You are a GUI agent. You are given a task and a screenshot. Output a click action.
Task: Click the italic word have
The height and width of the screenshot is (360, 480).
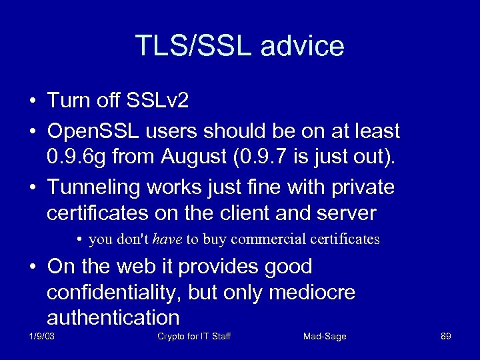coord(167,239)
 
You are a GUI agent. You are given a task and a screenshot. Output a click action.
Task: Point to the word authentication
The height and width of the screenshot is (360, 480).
coord(113,317)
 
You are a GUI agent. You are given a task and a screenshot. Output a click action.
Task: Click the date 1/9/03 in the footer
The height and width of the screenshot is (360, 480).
coord(41,336)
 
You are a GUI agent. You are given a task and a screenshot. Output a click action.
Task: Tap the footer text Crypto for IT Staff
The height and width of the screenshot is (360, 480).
coord(194,336)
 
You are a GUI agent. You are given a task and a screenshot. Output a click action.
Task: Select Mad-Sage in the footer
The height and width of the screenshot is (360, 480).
coord(325,336)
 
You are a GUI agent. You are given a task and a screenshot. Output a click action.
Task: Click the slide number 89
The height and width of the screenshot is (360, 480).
coord(446,336)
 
